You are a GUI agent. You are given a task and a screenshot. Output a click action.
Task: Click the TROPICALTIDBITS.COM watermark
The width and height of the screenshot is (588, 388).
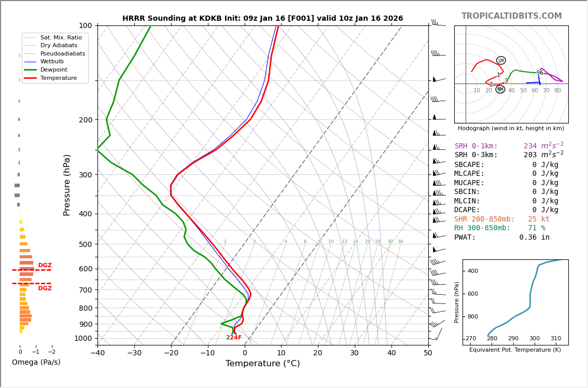511,16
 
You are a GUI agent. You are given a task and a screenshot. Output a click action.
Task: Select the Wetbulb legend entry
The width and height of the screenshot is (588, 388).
52,62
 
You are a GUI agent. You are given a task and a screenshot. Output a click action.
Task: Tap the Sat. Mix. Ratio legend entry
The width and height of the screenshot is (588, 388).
61,38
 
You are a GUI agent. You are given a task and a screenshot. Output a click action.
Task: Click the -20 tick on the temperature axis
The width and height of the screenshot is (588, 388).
171,353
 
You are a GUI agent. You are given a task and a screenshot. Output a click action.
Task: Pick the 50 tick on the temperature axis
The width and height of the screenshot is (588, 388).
428,353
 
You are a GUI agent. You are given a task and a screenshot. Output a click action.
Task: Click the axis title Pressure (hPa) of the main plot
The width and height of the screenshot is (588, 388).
67,185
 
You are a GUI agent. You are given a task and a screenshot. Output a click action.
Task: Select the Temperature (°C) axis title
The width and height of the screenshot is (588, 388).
262,364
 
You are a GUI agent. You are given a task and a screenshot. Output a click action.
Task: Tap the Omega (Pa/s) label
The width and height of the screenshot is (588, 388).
36,362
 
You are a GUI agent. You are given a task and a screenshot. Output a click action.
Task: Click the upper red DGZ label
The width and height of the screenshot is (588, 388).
45,266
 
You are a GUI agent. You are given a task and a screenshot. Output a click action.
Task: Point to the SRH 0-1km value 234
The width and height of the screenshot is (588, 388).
530,146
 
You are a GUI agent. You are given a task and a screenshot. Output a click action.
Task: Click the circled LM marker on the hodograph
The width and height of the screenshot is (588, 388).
501,61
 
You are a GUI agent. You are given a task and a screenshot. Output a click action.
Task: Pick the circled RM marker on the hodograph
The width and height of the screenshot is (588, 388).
500,89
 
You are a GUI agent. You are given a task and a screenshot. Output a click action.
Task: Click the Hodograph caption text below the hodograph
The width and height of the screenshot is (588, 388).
511,128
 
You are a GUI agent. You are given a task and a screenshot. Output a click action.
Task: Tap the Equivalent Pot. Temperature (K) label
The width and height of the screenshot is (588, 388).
515,350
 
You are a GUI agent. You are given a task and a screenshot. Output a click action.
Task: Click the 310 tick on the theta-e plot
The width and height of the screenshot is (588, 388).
555,339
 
